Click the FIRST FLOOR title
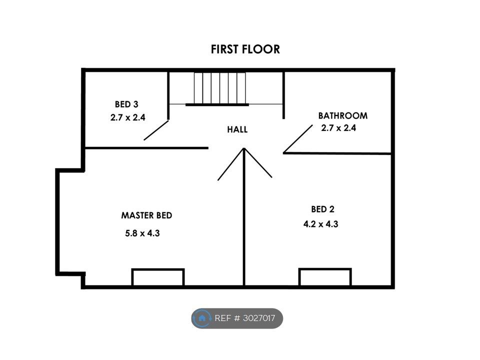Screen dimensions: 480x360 245,49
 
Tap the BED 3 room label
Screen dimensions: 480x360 126,104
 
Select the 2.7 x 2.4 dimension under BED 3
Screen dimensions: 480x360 127,117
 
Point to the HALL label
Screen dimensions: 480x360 237,129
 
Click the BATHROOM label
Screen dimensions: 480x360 343,115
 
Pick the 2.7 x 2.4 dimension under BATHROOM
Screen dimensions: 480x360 338,127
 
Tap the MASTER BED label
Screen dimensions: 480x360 146,215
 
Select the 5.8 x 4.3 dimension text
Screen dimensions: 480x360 142,233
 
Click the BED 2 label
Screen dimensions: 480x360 322,209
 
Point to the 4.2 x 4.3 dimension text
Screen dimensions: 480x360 321,224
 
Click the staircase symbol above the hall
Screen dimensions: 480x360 220,88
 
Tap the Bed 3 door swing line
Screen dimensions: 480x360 156,130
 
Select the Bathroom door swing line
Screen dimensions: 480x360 298,138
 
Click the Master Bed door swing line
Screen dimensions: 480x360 231,164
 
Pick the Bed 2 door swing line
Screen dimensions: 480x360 258,163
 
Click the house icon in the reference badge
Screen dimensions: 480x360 201,318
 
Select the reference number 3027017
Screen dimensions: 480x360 259,318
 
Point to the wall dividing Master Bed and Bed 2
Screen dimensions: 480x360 244,217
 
